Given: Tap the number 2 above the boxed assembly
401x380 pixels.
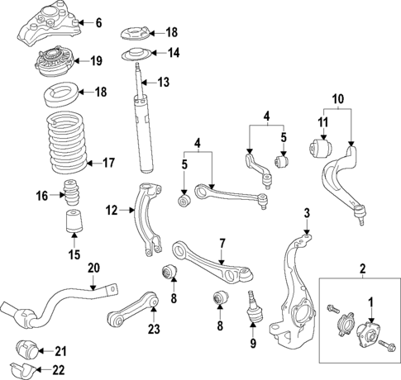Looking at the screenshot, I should [x=361, y=268].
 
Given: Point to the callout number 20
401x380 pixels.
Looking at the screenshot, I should [x=93, y=268].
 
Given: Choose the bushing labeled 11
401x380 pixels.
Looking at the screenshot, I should [x=322, y=149].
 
